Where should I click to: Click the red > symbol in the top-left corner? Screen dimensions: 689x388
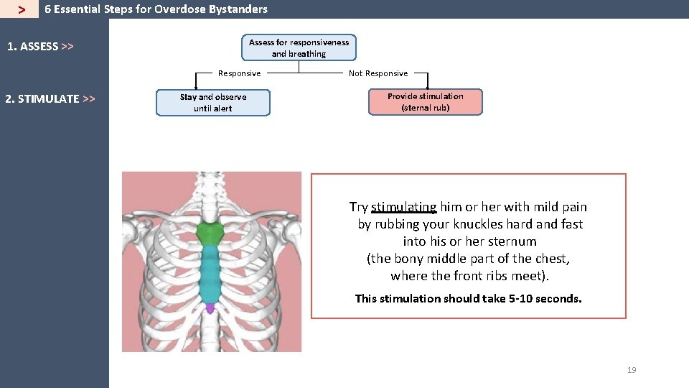[x=22, y=10]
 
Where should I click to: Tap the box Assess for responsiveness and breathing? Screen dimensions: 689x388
[x=299, y=48]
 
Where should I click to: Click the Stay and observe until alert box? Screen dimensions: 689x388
[x=213, y=103]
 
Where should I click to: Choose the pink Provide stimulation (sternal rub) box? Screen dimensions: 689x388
[x=425, y=102]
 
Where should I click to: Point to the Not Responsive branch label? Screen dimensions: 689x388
[x=378, y=73]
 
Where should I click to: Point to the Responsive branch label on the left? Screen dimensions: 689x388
[x=239, y=73]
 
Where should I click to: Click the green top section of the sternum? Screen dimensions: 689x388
[x=210, y=234]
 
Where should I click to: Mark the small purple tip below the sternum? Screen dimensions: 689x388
[x=210, y=308]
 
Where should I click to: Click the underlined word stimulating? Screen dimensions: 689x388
[x=403, y=207]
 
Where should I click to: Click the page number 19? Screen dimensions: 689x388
[x=632, y=370]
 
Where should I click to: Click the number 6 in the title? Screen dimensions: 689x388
[x=47, y=9]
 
